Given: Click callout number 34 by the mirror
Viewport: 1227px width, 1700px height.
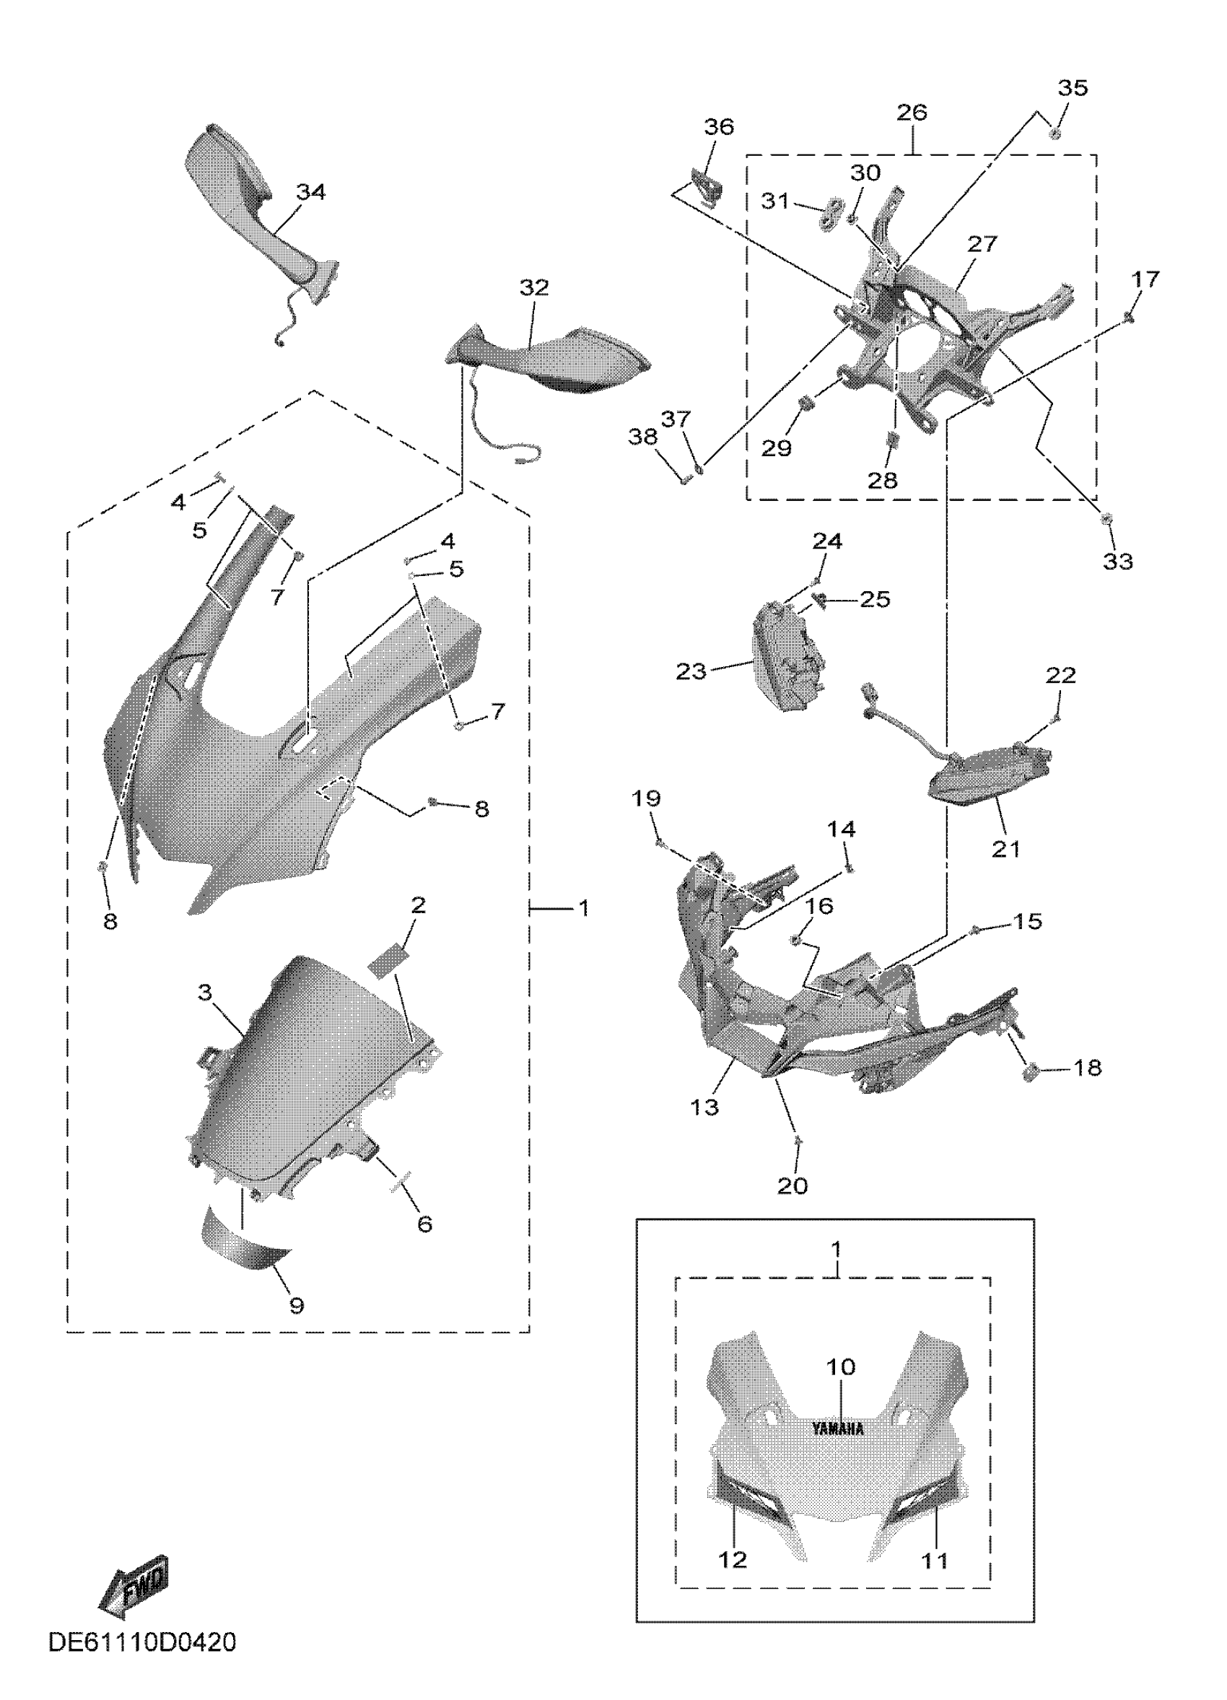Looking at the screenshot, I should pyautogui.click(x=311, y=193).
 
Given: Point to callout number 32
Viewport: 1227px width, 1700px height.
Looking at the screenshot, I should pyautogui.click(x=534, y=288).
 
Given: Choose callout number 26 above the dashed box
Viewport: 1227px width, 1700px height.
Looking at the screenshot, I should pyautogui.click(x=912, y=113).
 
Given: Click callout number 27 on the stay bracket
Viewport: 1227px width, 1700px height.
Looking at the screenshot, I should pyautogui.click(x=982, y=245).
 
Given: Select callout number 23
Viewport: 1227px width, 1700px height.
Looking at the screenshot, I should pyautogui.click(x=691, y=671).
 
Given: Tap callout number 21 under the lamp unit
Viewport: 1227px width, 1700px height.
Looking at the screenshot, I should pyautogui.click(x=1006, y=849).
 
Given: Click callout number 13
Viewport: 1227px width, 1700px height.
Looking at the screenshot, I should pyautogui.click(x=704, y=1107).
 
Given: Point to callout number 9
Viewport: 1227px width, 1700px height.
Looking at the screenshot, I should pyautogui.click(x=297, y=1305).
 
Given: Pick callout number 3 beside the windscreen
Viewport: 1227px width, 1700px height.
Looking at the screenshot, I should pyautogui.click(x=206, y=993).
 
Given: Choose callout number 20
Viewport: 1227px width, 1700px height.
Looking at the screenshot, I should pyautogui.click(x=792, y=1185).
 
